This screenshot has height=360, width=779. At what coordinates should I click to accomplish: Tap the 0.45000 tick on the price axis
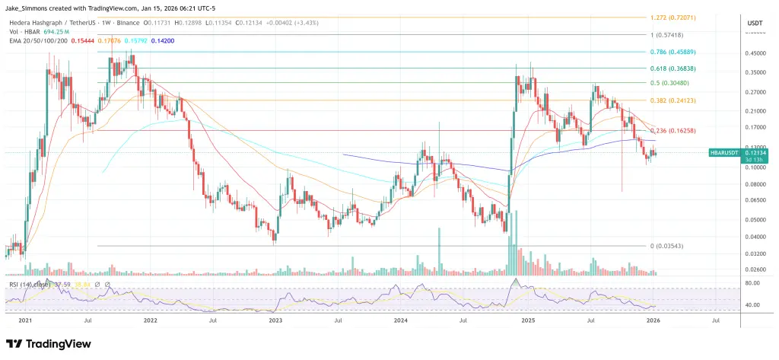[x=755, y=53]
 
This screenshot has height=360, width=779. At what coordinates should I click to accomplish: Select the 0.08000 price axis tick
[x=755, y=184]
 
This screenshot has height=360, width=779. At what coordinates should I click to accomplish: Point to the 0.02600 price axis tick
[x=755, y=269]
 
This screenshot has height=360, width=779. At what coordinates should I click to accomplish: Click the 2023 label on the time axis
[x=276, y=322]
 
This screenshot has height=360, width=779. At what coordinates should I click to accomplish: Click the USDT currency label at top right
[x=755, y=24]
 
